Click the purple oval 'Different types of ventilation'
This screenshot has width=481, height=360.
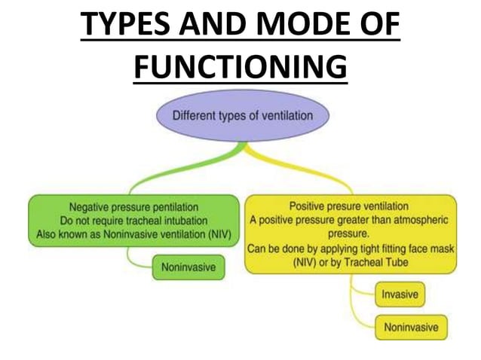(x=240, y=117)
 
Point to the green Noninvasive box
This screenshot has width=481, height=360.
(x=188, y=267)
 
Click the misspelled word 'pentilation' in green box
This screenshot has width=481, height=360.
(x=171, y=206)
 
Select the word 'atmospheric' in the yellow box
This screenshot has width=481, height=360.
(x=416, y=220)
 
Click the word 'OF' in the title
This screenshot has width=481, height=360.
(x=373, y=28)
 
